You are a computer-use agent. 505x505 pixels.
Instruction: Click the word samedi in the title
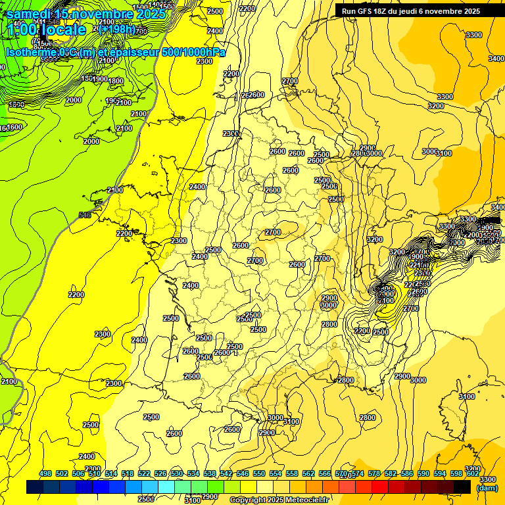click(x=29, y=14)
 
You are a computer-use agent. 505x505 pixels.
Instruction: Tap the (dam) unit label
click(x=487, y=487)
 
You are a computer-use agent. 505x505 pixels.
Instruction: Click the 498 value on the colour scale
click(x=45, y=474)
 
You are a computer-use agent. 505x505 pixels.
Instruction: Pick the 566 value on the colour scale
click(x=325, y=474)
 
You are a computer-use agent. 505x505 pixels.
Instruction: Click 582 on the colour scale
click(x=391, y=474)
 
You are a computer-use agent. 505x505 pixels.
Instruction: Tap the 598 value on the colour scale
click(x=456, y=474)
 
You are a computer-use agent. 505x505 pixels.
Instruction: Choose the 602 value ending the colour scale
click(x=472, y=474)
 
